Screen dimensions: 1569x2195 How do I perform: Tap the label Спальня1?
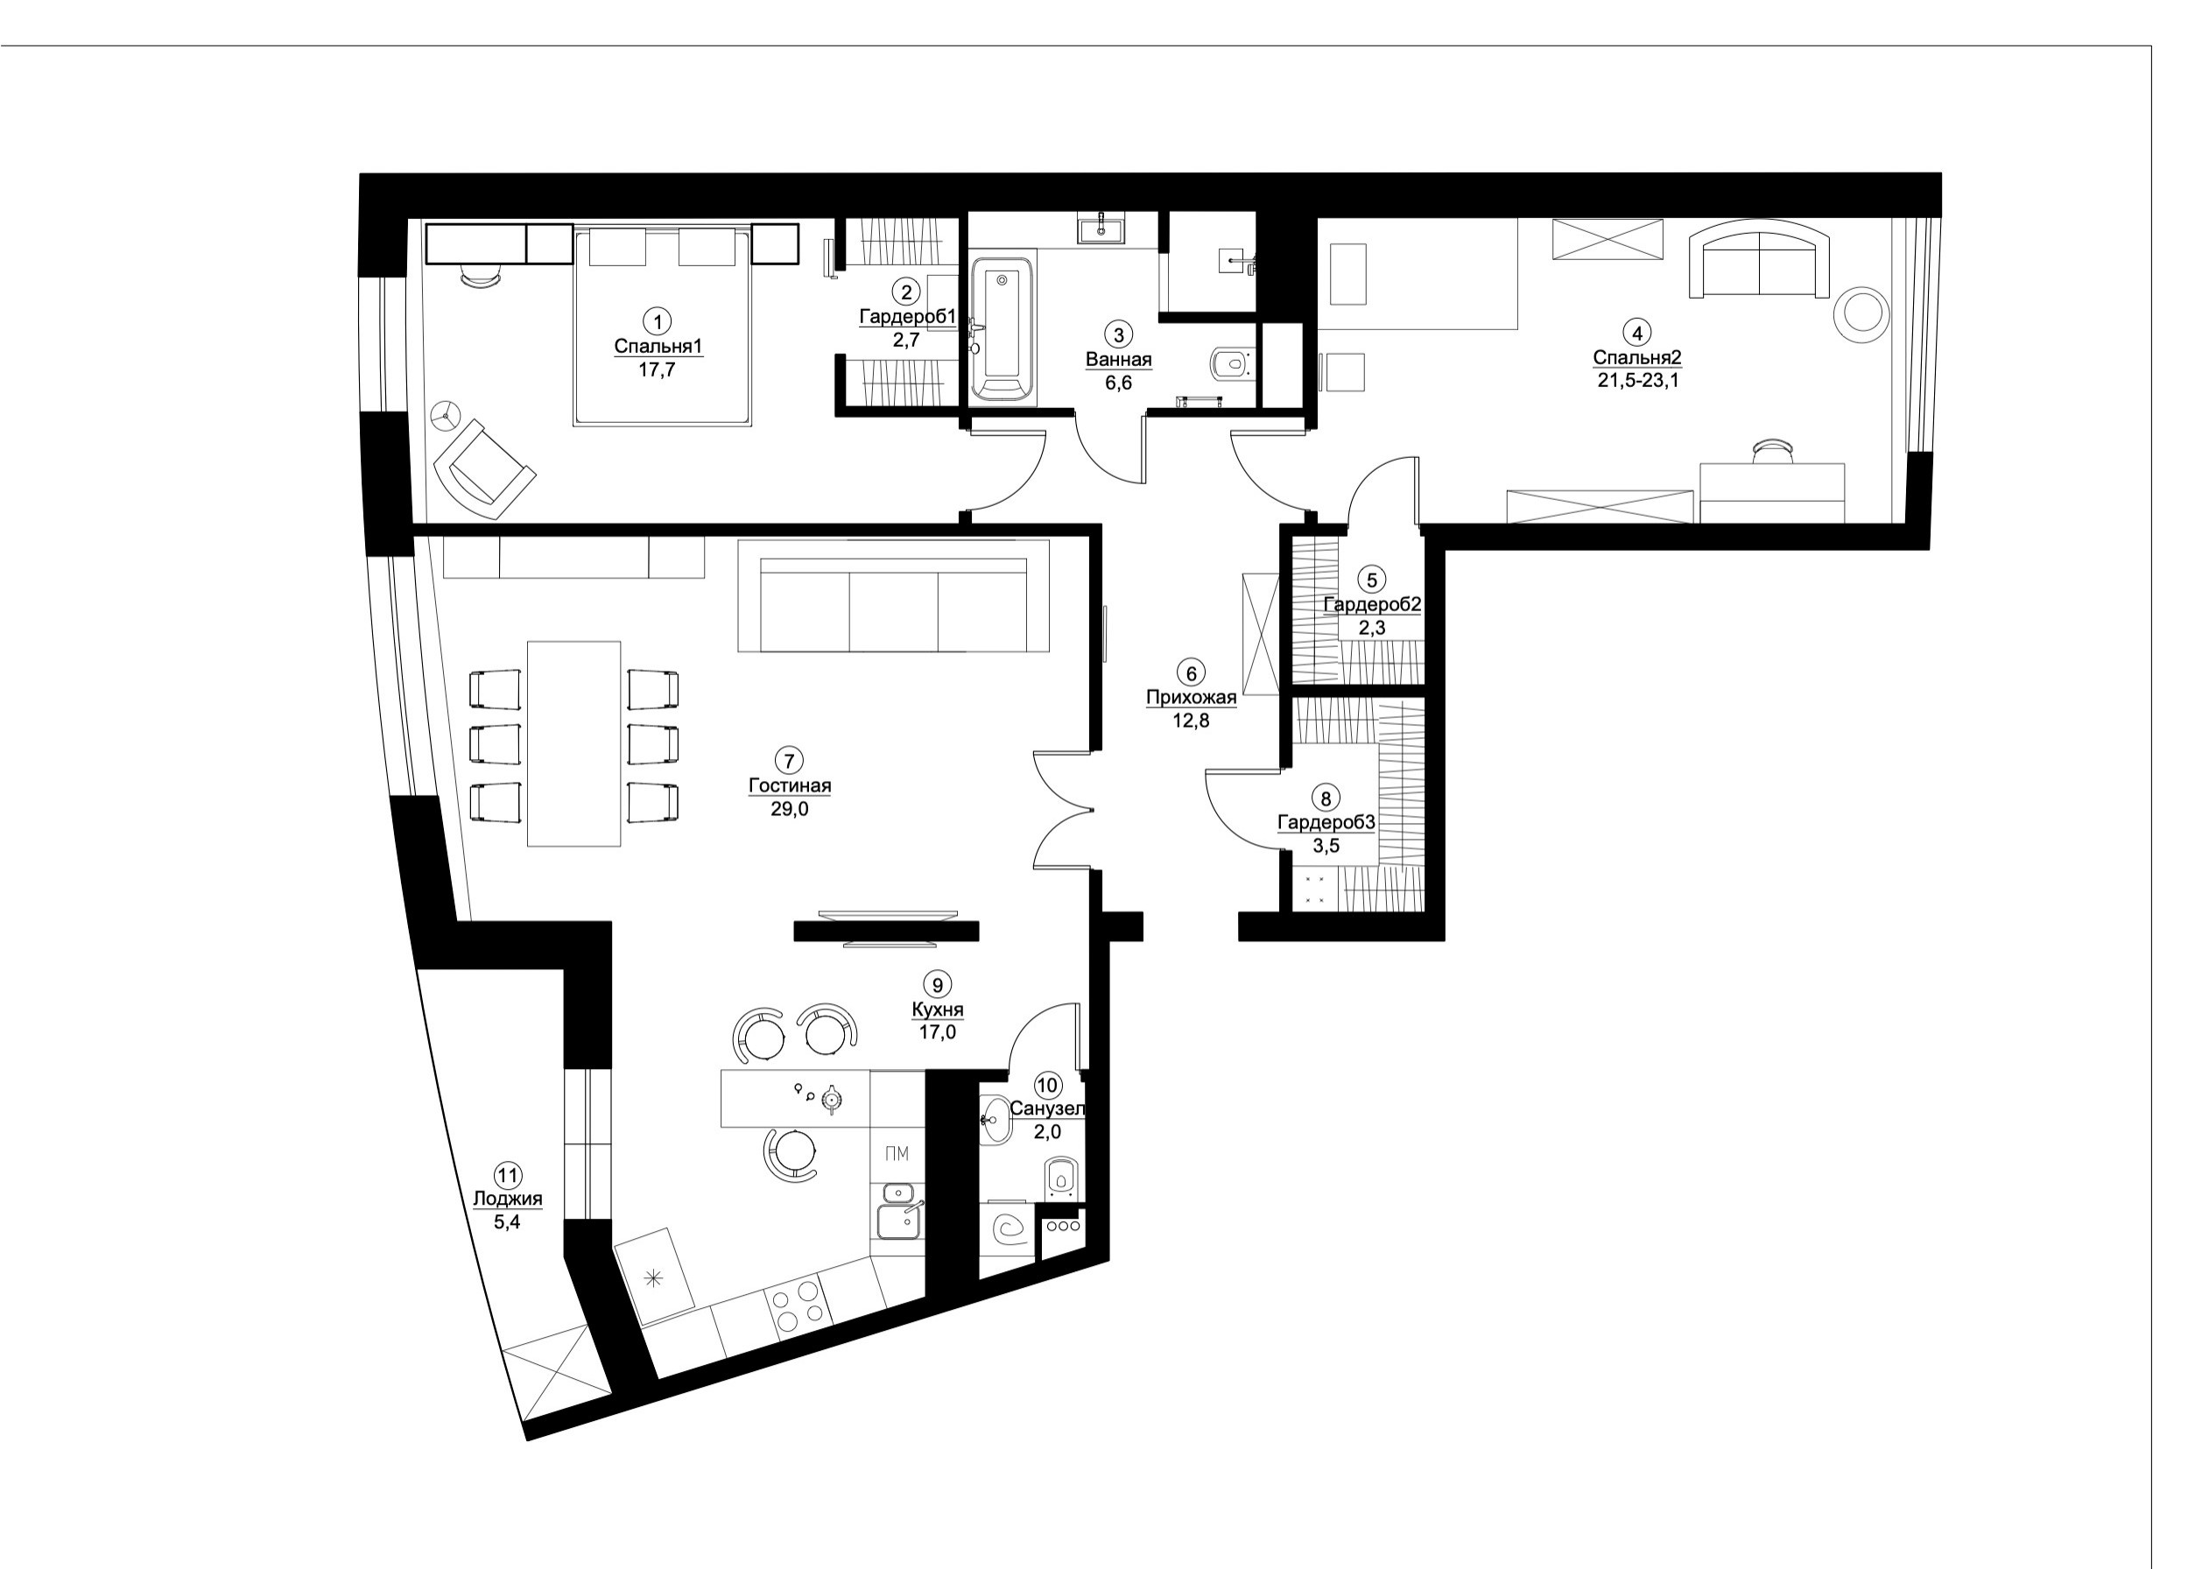[x=657, y=346]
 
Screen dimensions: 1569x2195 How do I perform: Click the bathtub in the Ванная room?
[x=1001, y=328]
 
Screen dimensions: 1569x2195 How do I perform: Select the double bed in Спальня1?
[x=662, y=328]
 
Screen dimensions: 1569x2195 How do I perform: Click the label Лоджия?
[x=507, y=1199]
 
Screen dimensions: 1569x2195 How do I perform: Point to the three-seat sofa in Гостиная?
[x=893, y=609]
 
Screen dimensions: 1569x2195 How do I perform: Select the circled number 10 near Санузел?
[x=1046, y=1085]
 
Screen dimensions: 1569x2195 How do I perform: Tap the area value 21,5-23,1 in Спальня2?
[x=1636, y=382]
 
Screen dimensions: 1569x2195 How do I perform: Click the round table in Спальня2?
[x=1861, y=314]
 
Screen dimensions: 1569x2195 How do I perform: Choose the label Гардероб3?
[x=1326, y=822]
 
